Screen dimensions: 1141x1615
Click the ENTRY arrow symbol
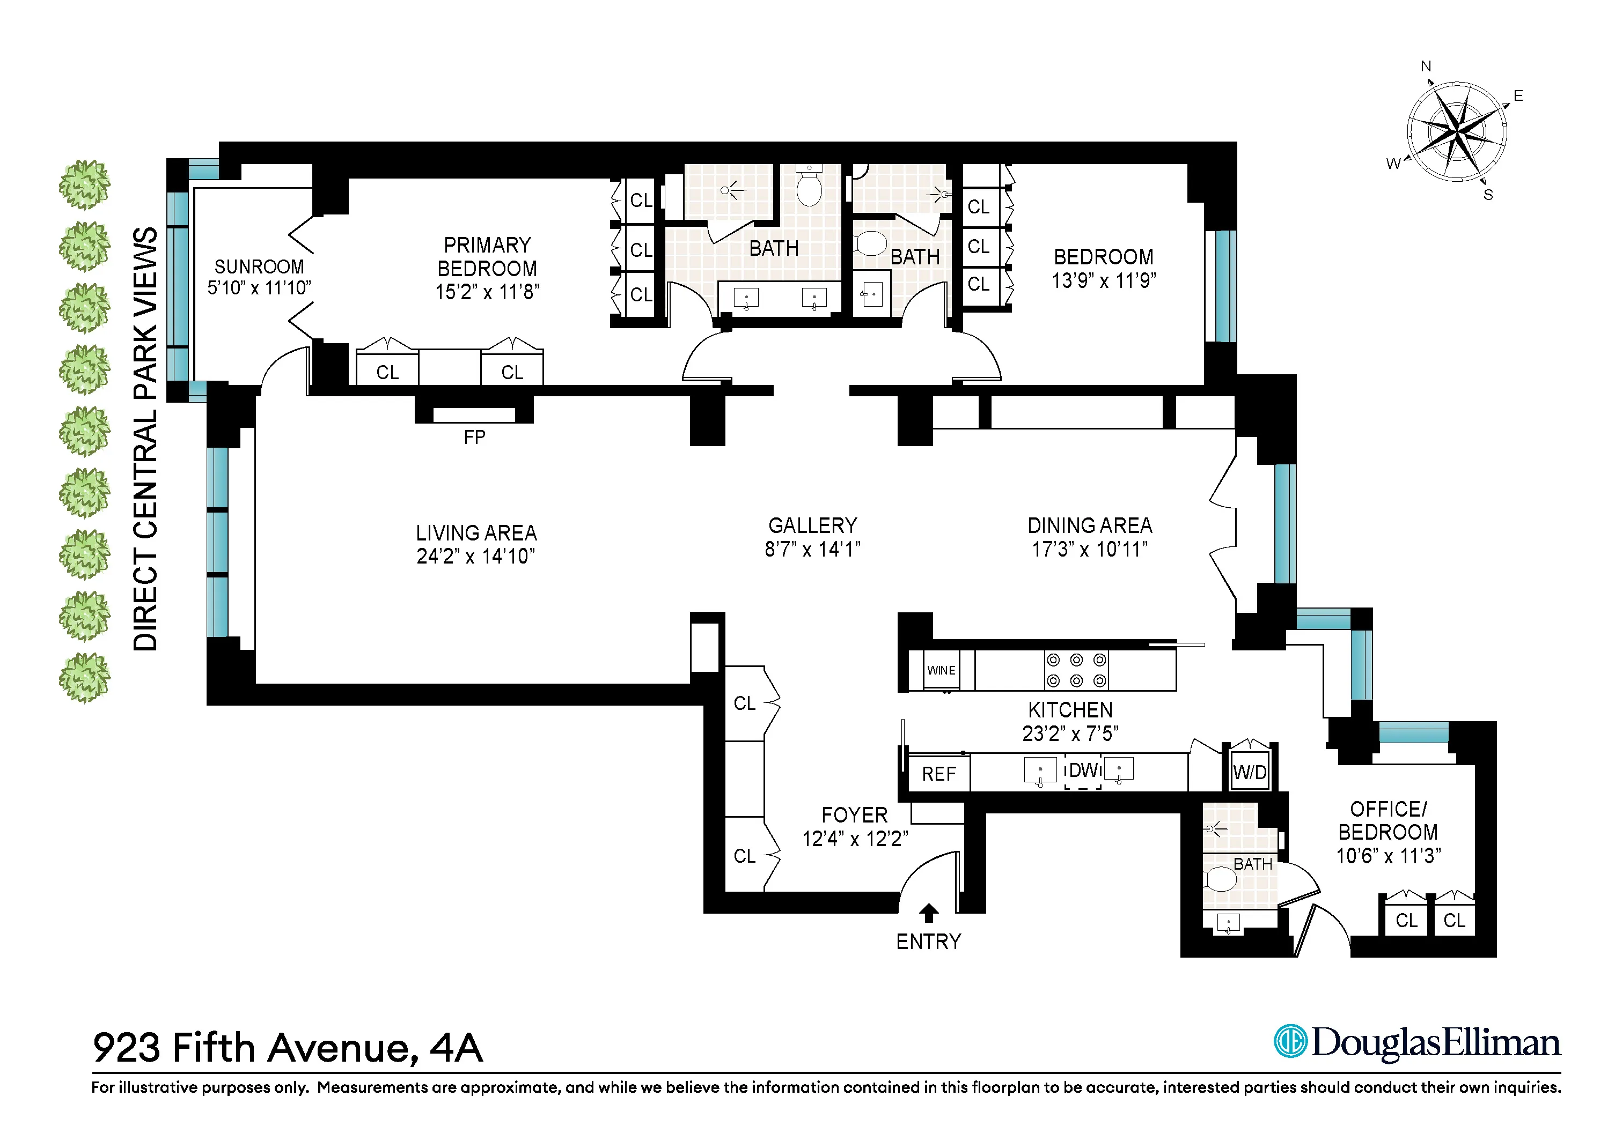pyautogui.click(x=928, y=913)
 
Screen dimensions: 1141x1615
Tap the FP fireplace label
pyautogui.click(x=474, y=438)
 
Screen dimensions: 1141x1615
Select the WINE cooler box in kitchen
pyautogui.click(x=941, y=670)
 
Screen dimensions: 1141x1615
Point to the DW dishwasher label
pyautogui.click(x=1083, y=770)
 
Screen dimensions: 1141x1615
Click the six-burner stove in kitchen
pyautogui.click(x=1076, y=670)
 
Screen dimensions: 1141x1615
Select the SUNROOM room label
pyautogui.click(x=259, y=266)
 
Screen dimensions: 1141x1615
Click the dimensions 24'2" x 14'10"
pyautogui.click(x=475, y=556)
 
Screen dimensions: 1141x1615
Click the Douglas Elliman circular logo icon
pyautogui.click(x=1291, y=1041)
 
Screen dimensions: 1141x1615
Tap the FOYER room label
pyautogui.click(x=854, y=815)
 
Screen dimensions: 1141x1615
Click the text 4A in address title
pyautogui.click(x=456, y=1048)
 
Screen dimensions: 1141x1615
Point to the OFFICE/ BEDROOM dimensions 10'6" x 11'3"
pyautogui.click(x=1388, y=856)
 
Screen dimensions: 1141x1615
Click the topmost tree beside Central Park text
pyautogui.click(x=84, y=185)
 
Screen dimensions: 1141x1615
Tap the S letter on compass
pyautogui.click(x=1488, y=195)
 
